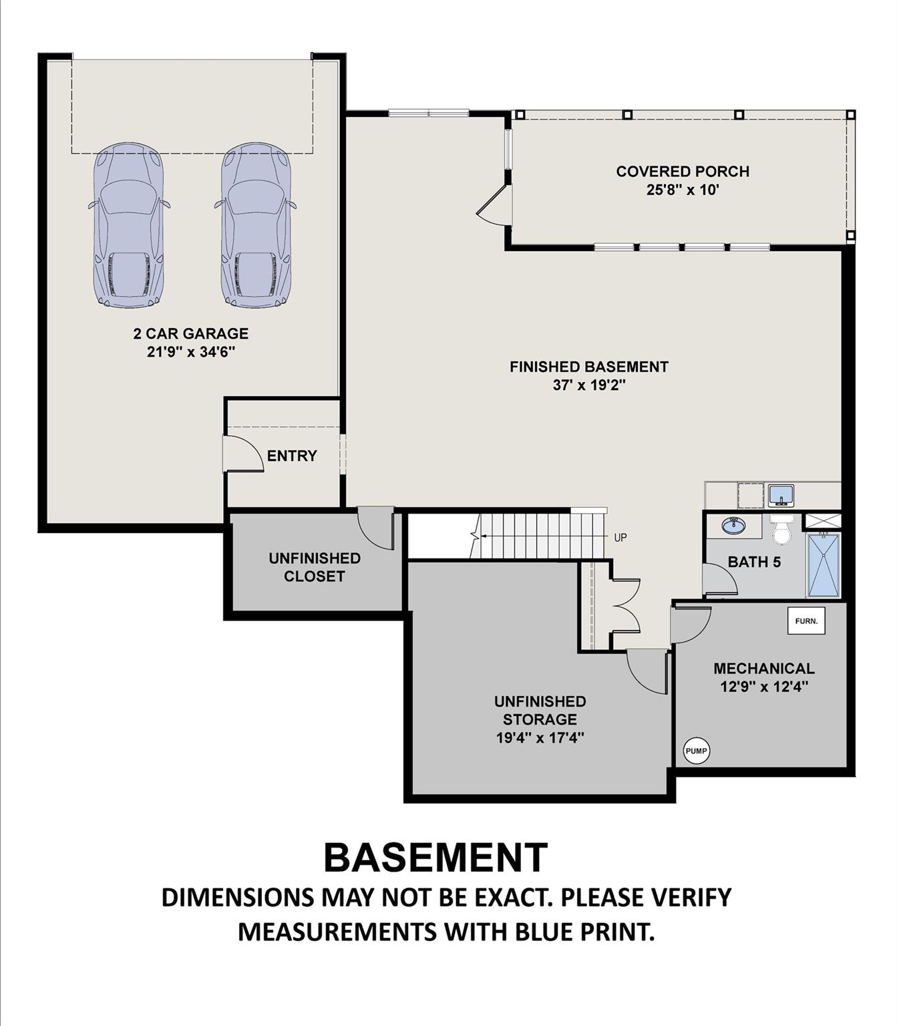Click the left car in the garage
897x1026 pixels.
click(x=128, y=226)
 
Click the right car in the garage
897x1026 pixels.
click(x=256, y=226)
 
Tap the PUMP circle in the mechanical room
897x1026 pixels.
click(x=696, y=751)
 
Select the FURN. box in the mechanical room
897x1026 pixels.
click(x=806, y=621)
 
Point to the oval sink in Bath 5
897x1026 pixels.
click(x=733, y=526)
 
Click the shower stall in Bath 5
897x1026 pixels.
click(x=823, y=564)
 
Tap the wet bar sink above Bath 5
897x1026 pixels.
click(x=780, y=495)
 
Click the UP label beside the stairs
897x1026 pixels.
click(x=620, y=538)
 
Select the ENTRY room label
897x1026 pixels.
click(x=292, y=456)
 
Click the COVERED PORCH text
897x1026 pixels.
click(x=682, y=172)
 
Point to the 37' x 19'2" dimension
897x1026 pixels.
click(x=588, y=385)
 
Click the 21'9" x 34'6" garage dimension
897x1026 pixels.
click(x=191, y=352)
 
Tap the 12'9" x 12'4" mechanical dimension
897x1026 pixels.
click(x=764, y=687)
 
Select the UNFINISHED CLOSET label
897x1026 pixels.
click(x=315, y=567)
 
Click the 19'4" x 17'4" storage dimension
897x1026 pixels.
click(x=540, y=737)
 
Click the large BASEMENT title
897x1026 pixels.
click(x=435, y=858)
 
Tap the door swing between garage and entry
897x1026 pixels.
click(x=244, y=454)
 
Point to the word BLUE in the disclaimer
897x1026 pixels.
click(x=546, y=931)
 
